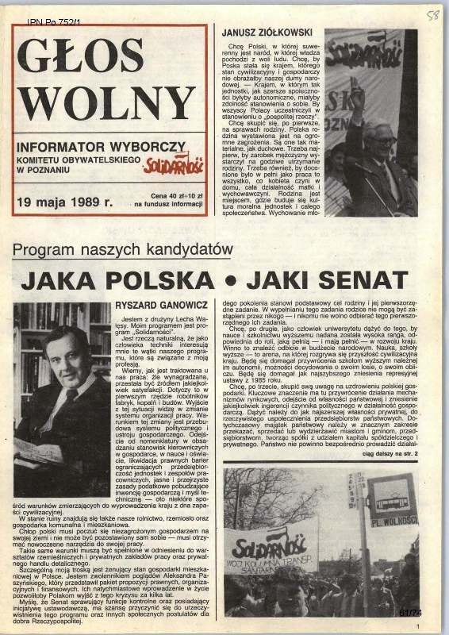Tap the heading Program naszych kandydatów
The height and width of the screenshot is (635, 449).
(123, 250)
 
